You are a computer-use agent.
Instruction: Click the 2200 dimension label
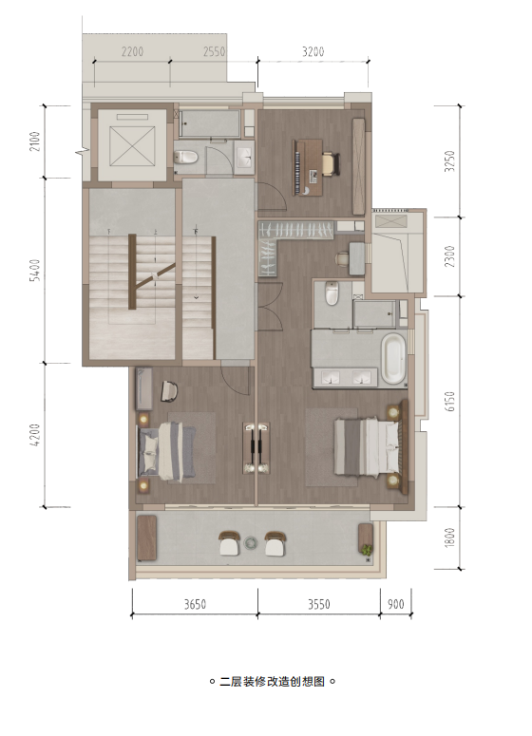[x=132, y=51]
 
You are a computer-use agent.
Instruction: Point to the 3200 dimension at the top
[x=313, y=51]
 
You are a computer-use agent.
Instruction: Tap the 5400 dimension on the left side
[x=35, y=270]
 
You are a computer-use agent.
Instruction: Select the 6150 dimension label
[x=449, y=402]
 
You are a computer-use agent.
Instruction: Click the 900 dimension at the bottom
[x=396, y=604]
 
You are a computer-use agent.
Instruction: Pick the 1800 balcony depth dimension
[x=449, y=537]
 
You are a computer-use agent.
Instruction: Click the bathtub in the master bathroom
[x=393, y=358]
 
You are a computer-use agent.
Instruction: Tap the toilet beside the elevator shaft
[x=185, y=157]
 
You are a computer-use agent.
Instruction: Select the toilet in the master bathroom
[x=332, y=293]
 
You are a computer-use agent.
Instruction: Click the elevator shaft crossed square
[x=132, y=146]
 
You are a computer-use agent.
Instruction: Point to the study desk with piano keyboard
[x=308, y=167]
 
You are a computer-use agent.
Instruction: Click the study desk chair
[x=331, y=163]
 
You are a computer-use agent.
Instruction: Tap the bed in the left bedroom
[x=166, y=451]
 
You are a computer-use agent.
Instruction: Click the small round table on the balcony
[x=251, y=542]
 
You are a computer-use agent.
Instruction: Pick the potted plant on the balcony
[x=367, y=549]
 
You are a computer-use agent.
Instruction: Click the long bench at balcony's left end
[x=146, y=538]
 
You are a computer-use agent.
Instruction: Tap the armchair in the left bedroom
[x=169, y=391]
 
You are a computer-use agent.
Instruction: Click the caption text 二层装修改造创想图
[x=273, y=681]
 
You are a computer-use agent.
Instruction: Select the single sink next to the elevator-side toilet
[x=244, y=157]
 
